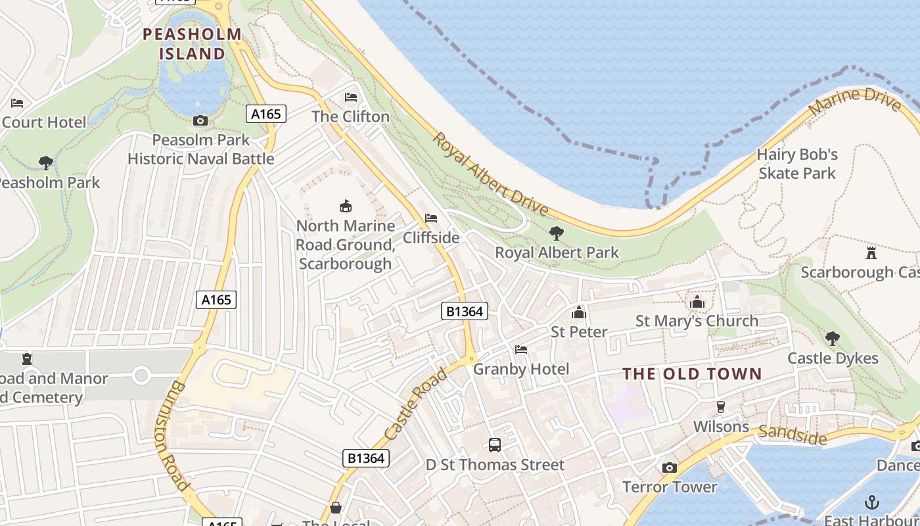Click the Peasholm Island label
(x=192, y=43)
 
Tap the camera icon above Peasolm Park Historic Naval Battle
(x=200, y=120)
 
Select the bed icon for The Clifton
(x=351, y=97)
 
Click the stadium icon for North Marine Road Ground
(x=345, y=206)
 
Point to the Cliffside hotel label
(x=431, y=237)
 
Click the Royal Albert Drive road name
(x=490, y=174)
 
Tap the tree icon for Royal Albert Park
(x=557, y=233)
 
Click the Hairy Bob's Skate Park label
(x=797, y=164)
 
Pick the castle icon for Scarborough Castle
(x=871, y=252)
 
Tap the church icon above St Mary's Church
(x=697, y=302)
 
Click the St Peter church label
(x=579, y=331)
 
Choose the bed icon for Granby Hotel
(x=521, y=350)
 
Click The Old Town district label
(x=692, y=374)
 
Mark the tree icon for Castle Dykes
(x=833, y=339)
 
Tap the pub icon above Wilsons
(x=721, y=407)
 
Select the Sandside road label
(x=792, y=435)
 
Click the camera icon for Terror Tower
(x=670, y=467)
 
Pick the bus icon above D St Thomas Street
(x=495, y=445)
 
